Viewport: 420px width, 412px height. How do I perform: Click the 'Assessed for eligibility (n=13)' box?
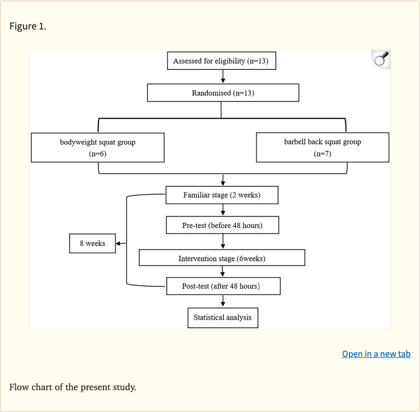click(x=221, y=61)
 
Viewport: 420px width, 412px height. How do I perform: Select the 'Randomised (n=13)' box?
click(x=223, y=93)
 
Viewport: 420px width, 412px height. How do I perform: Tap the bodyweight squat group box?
click(x=97, y=148)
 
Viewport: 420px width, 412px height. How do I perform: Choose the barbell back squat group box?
click(x=322, y=148)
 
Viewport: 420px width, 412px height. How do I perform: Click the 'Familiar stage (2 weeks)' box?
click(x=222, y=195)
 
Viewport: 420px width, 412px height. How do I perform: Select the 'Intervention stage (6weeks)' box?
click(x=221, y=258)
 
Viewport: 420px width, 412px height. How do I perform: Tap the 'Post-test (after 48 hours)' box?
click(x=223, y=286)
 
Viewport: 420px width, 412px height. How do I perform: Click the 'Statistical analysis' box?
click(x=223, y=317)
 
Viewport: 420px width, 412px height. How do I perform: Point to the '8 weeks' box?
click(x=92, y=243)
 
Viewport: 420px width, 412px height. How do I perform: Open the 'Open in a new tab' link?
click(x=376, y=354)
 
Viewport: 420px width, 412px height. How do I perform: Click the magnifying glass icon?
click(x=381, y=59)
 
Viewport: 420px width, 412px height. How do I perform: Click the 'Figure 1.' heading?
click(x=28, y=26)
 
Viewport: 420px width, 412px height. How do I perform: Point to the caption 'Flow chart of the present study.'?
click(x=72, y=387)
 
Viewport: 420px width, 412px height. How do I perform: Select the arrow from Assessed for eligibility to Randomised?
click(x=223, y=77)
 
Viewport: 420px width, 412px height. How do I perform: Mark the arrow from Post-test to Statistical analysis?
click(x=223, y=302)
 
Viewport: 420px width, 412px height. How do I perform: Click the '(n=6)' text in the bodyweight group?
click(x=97, y=154)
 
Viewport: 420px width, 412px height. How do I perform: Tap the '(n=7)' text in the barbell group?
click(x=322, y=154)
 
